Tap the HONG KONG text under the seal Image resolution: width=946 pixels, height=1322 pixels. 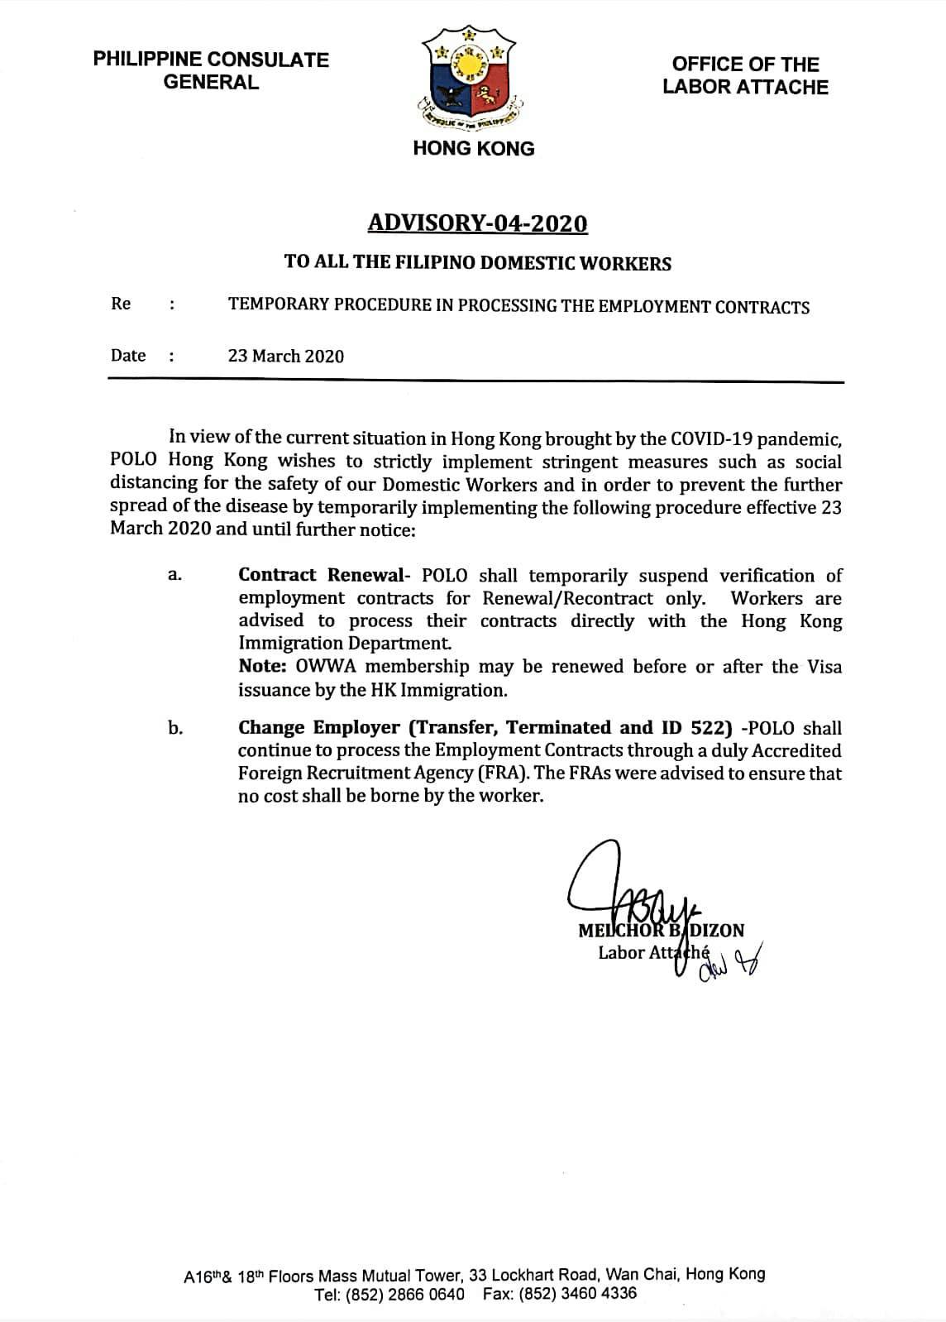[473, 149]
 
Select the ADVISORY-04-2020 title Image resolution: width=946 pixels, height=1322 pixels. [477, 223]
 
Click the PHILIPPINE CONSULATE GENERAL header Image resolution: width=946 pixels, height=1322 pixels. [211, 70]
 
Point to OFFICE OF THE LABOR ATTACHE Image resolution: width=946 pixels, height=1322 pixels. [744, 75]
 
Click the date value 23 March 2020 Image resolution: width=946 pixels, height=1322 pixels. [285, 356]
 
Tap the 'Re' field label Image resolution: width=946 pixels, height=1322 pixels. [121, 304]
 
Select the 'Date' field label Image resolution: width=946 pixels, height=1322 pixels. [128, 356]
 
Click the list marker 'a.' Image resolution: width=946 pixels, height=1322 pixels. [174, 575]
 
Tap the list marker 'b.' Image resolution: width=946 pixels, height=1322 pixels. [174, 728]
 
